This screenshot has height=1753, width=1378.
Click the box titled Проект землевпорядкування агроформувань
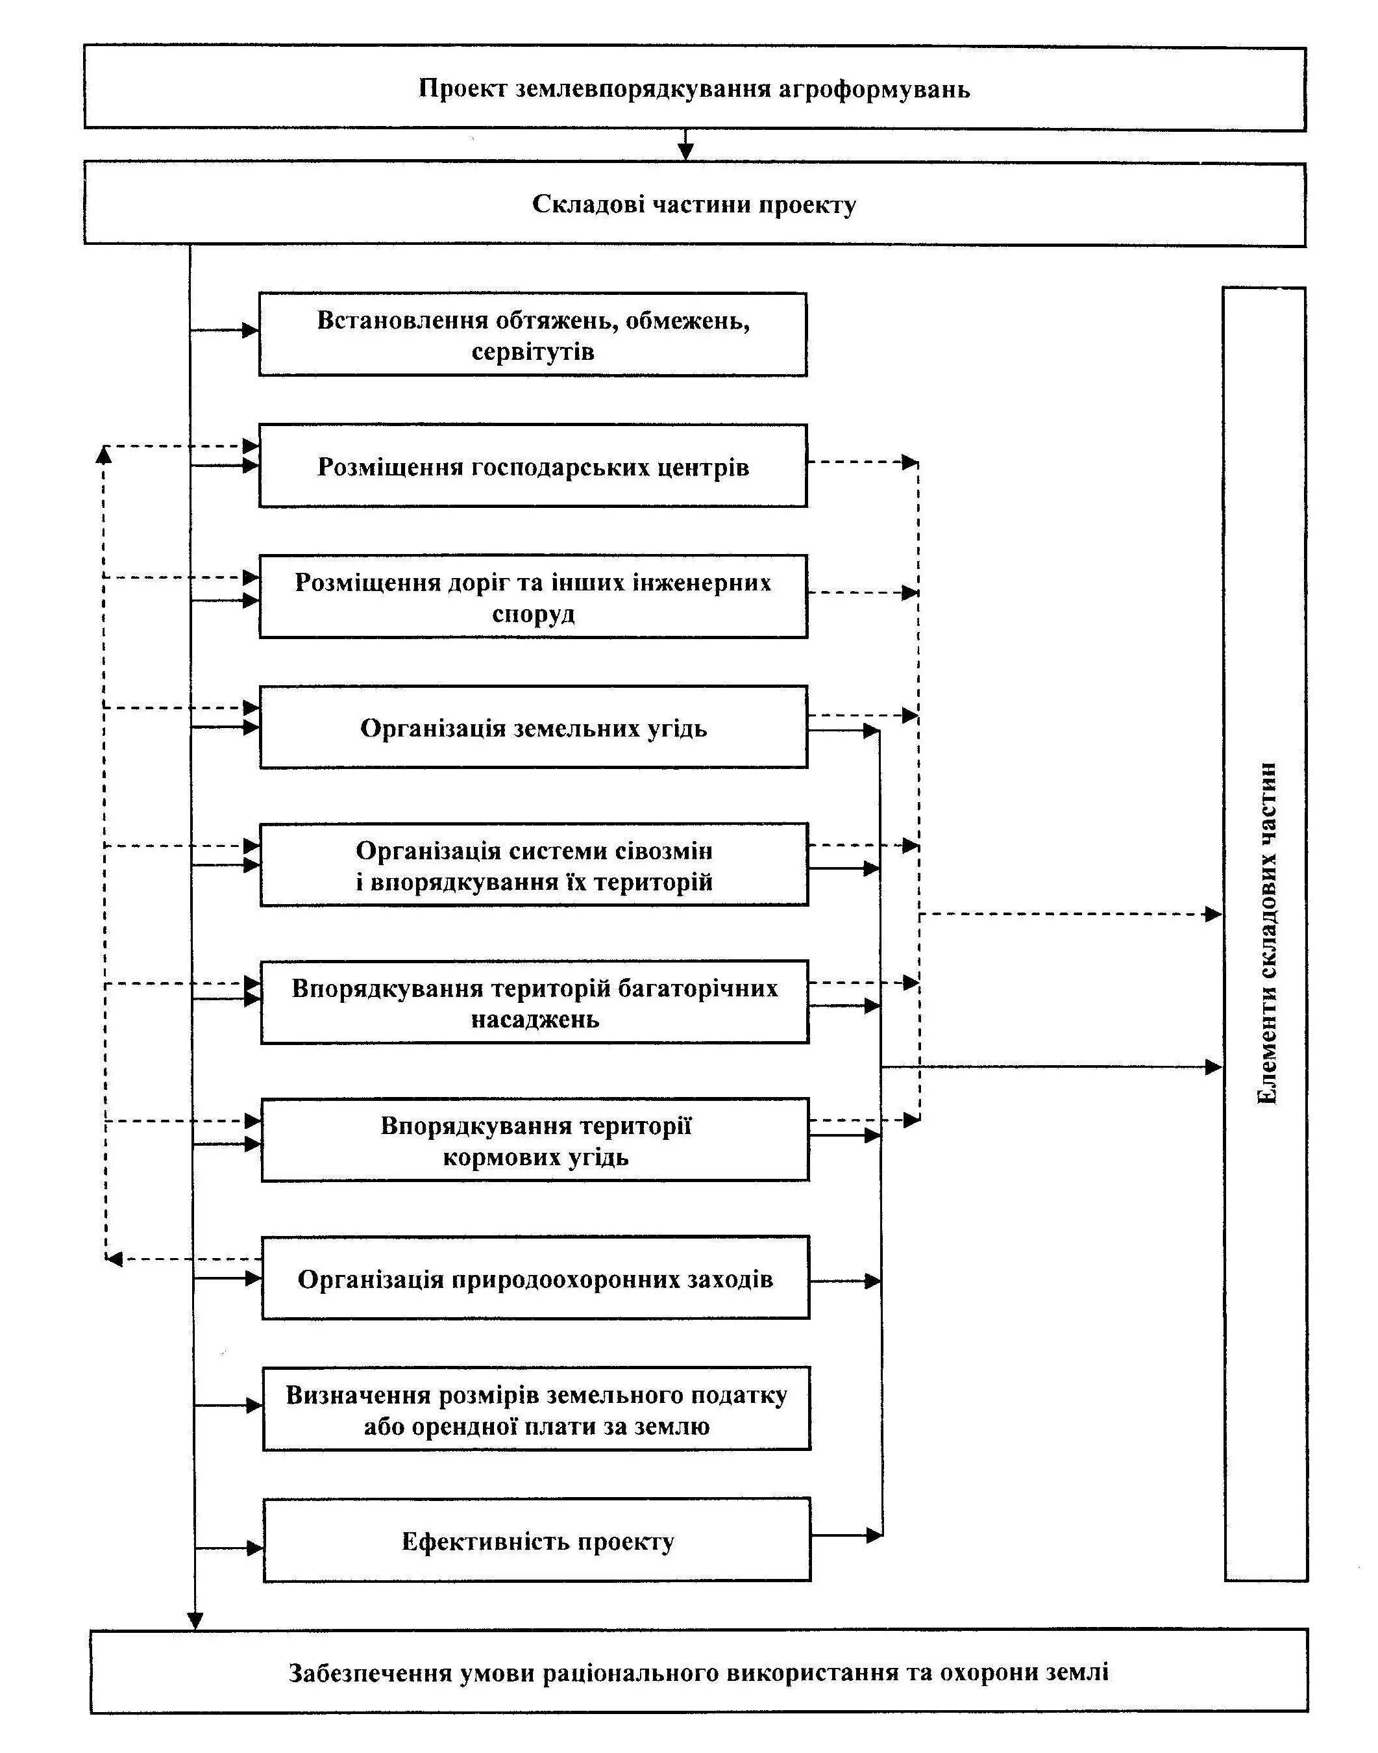point(695,88)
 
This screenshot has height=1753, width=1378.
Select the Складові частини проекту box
point(695,204)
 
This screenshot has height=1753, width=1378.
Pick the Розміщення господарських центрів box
point(532,466)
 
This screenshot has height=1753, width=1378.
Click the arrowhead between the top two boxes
point(686,152)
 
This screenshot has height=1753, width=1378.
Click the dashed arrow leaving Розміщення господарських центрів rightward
point(863,462)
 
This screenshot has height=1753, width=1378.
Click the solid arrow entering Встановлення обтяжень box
point(225,329)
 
